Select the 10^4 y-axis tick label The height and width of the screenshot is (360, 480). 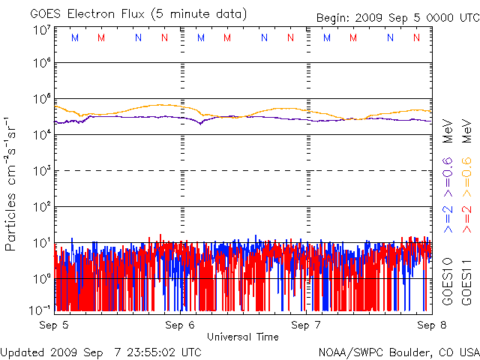click(42, 134)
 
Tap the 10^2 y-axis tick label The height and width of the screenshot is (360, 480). click(42, 206)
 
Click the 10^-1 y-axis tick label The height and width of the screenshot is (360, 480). click(42, 310)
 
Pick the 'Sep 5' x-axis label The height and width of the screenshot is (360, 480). click(54, 325)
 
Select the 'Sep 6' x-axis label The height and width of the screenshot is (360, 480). click(181, 325)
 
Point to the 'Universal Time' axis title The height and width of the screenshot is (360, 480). click(242, 337)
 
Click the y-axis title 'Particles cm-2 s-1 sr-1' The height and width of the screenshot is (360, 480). click(11, 183)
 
